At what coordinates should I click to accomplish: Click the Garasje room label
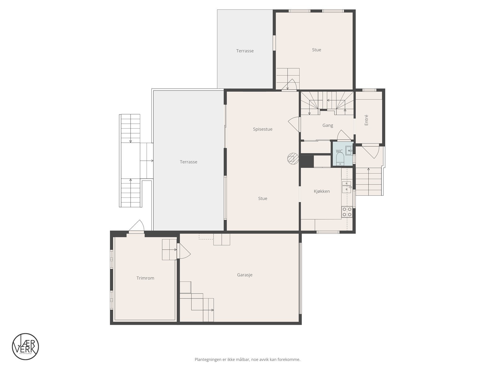(245, 275)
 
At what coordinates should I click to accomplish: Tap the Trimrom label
(145, 278)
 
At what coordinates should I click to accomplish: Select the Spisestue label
(263, 129)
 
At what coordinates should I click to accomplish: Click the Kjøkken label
(322, 191)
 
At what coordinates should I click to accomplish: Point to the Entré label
(366, 120)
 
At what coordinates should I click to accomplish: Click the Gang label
(328, 125)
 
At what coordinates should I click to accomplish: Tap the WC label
(339, 151)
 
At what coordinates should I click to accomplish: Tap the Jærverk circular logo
(25, 346)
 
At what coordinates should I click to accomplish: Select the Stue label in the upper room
(316, 50)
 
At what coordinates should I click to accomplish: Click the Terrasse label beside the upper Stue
(245, 51)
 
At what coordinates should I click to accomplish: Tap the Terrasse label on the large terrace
(188, 162)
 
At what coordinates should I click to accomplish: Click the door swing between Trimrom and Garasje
(183, 250)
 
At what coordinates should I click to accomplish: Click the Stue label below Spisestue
(263, 198)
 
